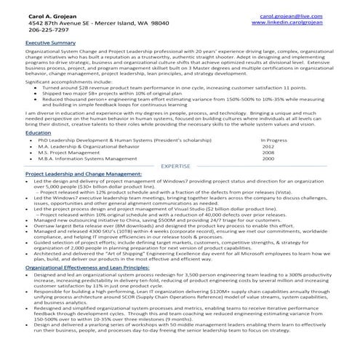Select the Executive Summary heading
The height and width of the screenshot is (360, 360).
coord(50,44)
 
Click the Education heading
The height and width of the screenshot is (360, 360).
coord(38,133)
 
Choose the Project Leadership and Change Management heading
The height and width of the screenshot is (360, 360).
coord(83,175)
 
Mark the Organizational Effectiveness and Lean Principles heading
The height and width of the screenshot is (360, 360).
coord(88,268)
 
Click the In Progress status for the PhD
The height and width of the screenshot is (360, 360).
coord(275,140)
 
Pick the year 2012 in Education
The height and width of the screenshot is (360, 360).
coord(268,146)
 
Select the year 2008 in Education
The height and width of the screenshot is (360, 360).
coord(268,153)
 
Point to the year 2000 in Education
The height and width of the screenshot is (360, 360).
coord(268,159)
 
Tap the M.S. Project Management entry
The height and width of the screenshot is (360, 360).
coord(68,153)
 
